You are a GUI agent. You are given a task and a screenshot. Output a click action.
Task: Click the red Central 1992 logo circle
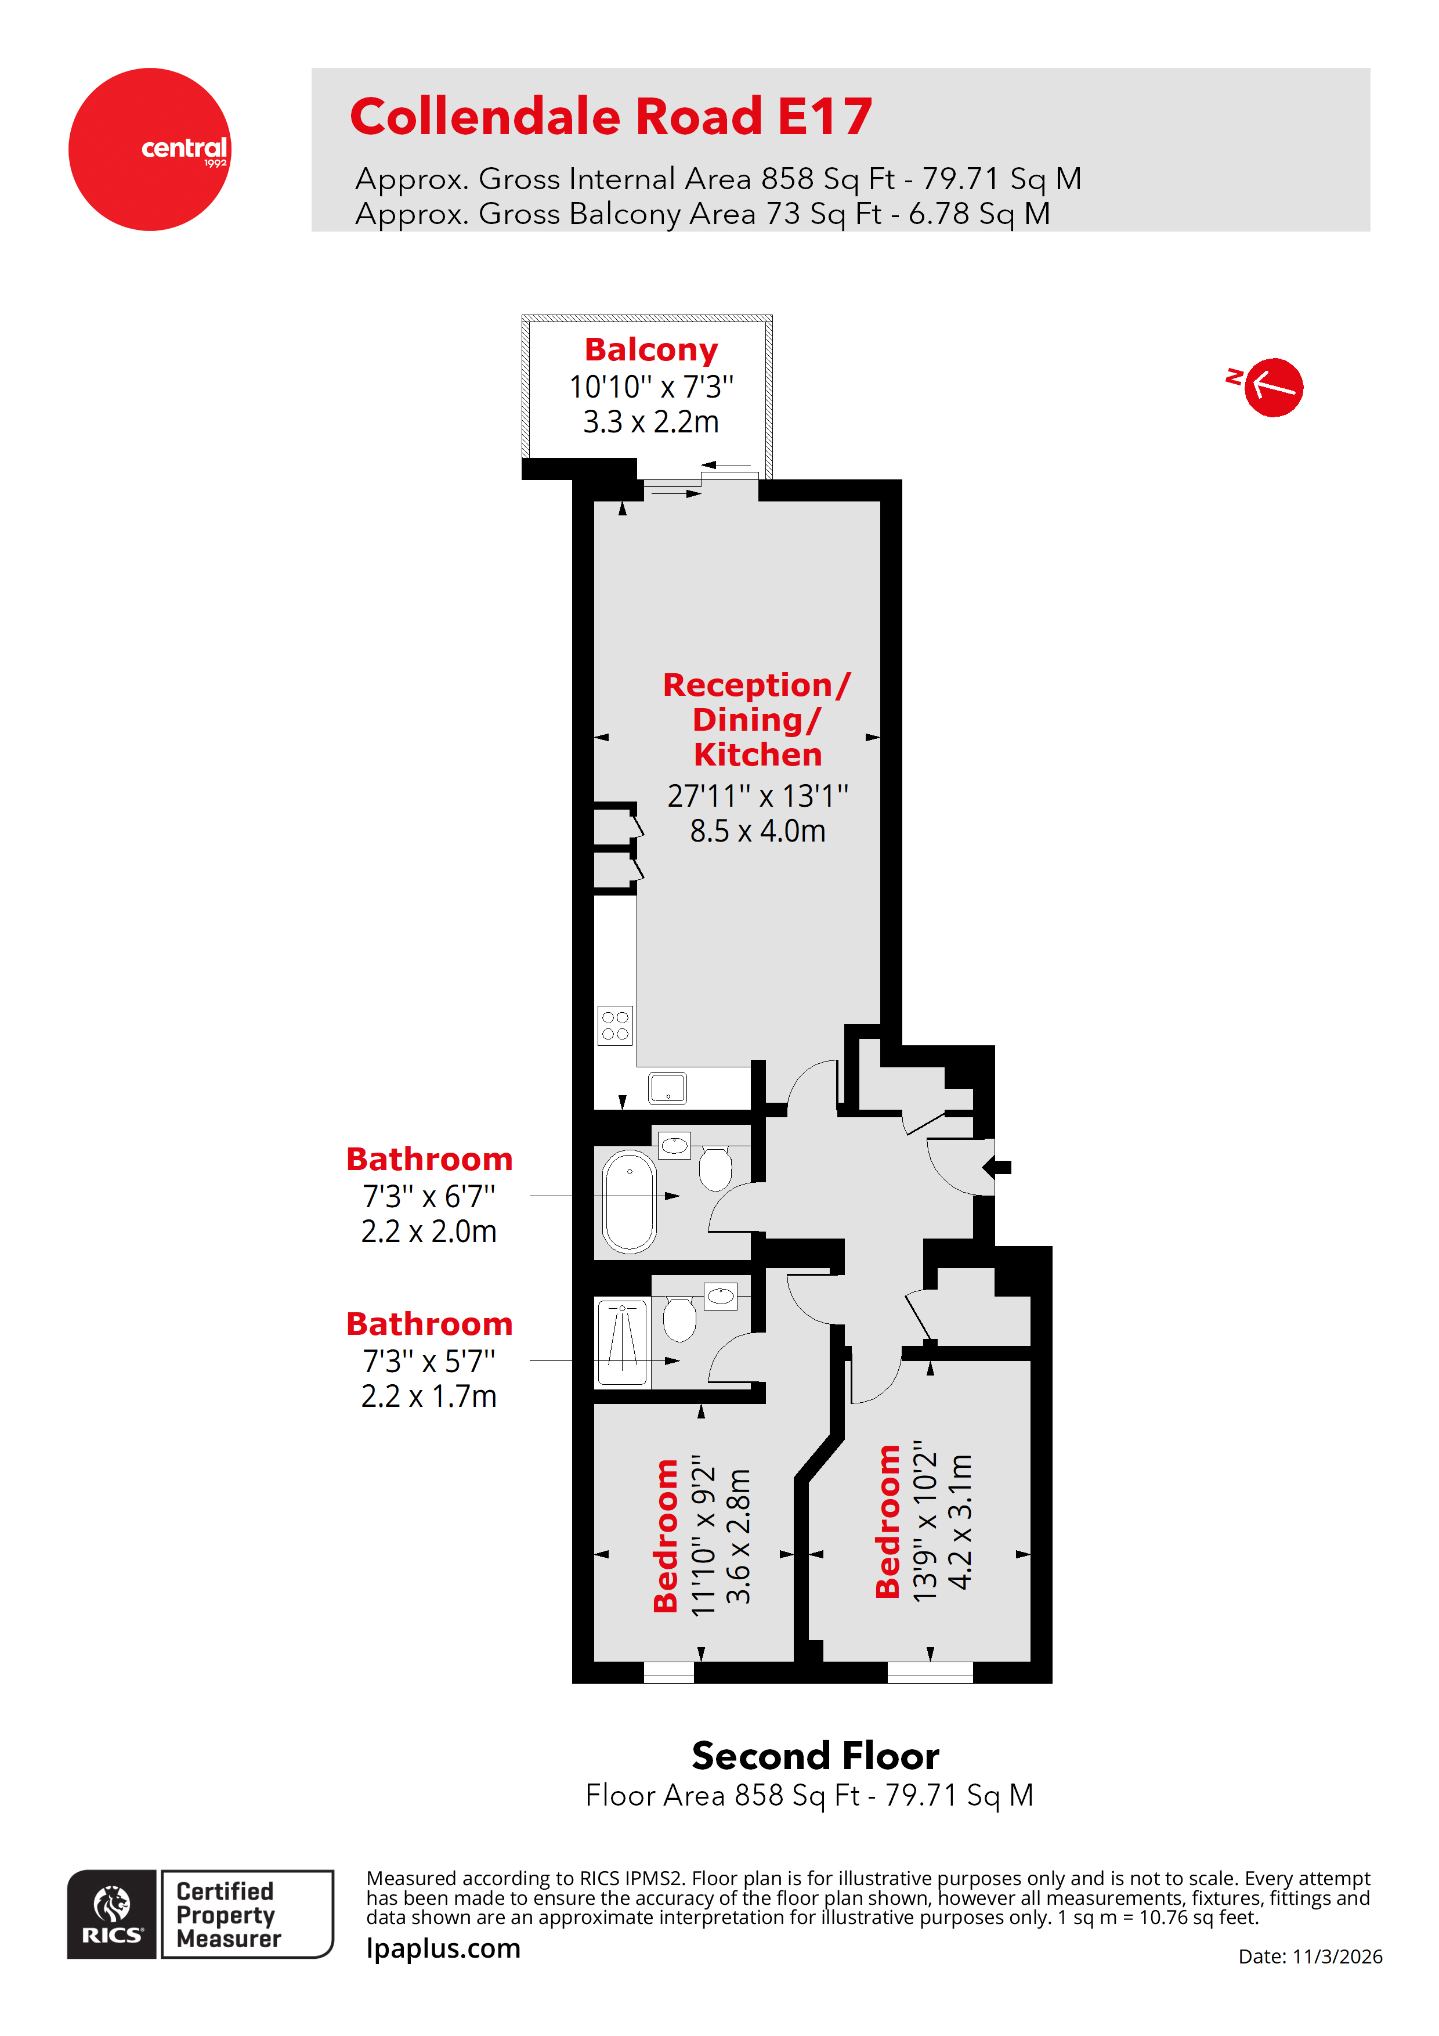pos(149,149)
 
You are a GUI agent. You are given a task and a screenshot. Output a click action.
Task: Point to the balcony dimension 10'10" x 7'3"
pos(651,387)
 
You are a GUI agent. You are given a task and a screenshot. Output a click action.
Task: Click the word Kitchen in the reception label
pos(757,754)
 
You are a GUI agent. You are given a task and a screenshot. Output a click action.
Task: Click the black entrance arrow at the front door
pos(999,1167)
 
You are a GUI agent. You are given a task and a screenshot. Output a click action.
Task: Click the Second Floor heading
pos(815,1755)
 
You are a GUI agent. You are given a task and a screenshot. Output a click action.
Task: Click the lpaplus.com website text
pos(443,1948)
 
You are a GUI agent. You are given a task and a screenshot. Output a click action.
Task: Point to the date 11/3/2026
pos(1336,1956)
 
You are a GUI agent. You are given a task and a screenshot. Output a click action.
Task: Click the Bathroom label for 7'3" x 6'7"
pos(429,1159)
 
